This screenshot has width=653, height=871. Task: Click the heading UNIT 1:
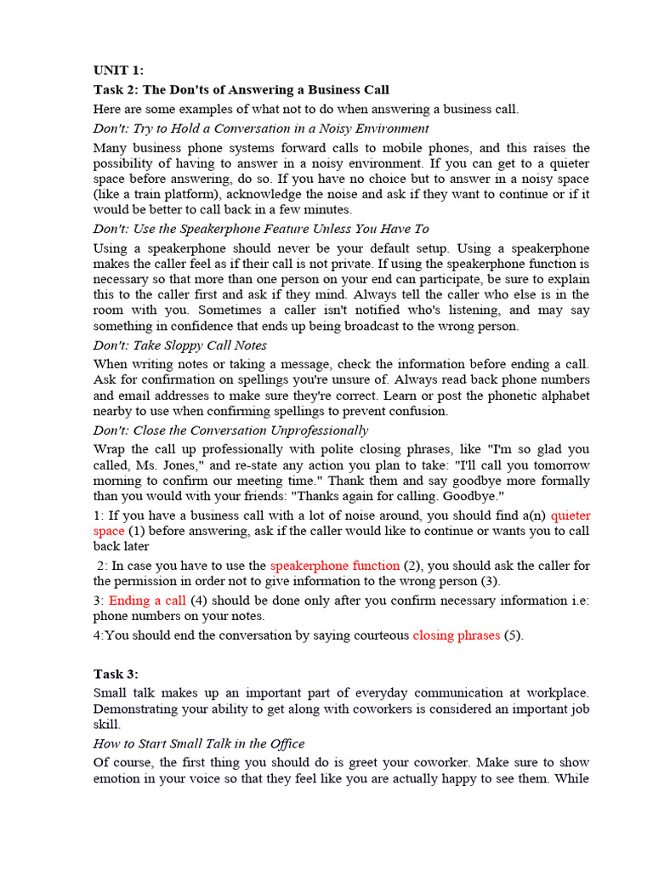(x=118, y=71)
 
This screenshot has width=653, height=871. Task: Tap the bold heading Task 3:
(x=116, y=674)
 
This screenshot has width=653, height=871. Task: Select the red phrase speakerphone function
(x=334, y=566)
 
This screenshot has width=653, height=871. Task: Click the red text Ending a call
(x=147, y=600)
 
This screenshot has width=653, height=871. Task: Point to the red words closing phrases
(x=456, y=635)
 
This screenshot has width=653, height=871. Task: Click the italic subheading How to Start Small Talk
(x=199, y=743)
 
